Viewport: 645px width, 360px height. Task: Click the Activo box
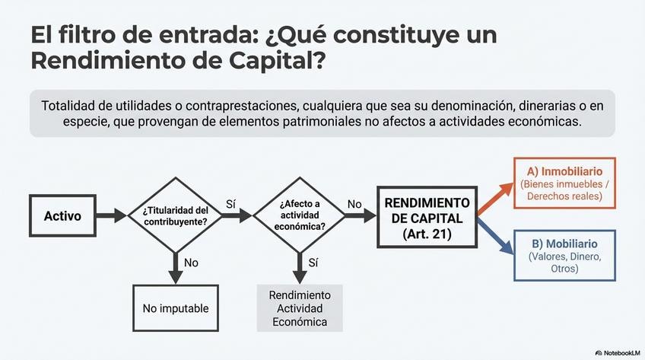point(62,216)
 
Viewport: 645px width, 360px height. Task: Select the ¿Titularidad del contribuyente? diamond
point(176,215)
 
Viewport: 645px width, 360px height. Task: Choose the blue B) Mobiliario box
point(565,256)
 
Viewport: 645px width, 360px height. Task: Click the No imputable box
point(176,308)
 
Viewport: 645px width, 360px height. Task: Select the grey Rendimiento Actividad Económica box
point(300,308)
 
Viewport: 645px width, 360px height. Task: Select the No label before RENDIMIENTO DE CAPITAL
point(354,204)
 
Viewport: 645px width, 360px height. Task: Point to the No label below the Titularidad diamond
point(191,262)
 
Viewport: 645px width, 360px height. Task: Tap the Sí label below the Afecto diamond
point(313,262)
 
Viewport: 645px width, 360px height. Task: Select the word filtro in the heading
point(92,35)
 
